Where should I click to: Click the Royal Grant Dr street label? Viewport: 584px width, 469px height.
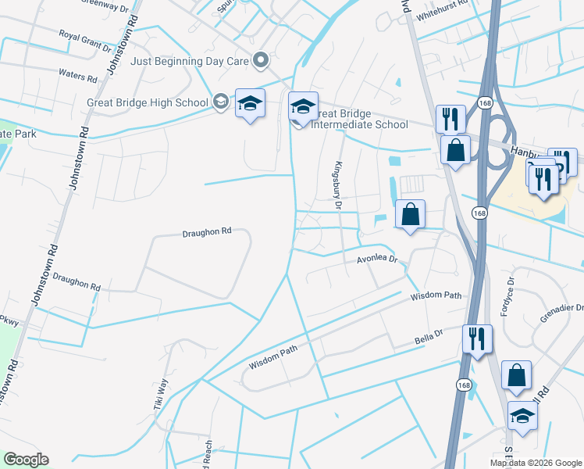[86, 40]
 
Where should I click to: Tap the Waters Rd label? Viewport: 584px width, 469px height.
[77, 76]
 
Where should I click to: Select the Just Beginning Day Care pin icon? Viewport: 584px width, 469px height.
[262, 60]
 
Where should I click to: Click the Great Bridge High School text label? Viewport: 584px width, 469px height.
[148, 102]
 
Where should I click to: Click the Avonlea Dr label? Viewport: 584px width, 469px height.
[378, 259]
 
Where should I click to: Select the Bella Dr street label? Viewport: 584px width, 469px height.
[428, 338]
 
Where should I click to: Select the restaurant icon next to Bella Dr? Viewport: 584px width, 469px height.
[477, 339]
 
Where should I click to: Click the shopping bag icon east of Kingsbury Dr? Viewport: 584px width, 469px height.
[410, 213]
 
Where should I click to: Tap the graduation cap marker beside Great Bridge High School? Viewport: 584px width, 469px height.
[250, 103]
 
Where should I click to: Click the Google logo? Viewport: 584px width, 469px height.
[26, 459]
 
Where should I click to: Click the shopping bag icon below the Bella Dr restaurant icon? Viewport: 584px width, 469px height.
[516, 375]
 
